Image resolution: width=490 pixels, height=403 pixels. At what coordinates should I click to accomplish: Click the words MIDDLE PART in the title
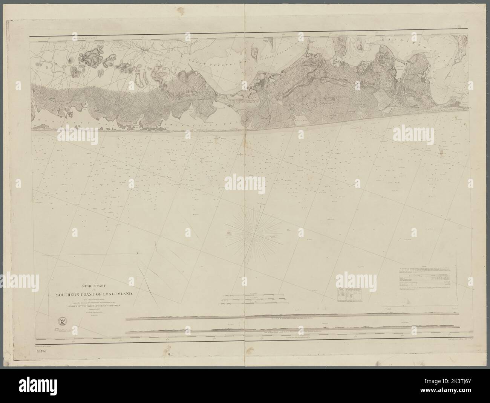pyautogui.click(x=86, y=285)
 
